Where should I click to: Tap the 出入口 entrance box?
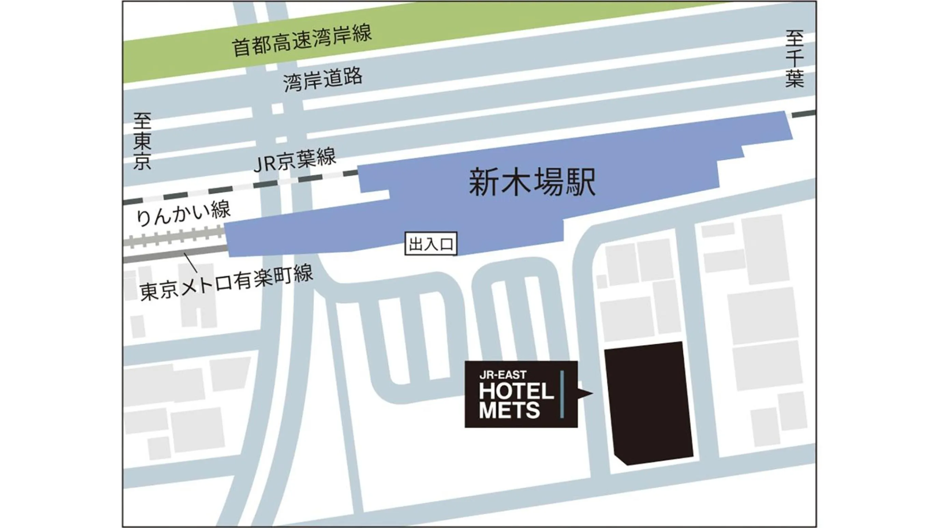(x=431, y=244)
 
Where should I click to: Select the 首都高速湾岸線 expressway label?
(x=302, y=41)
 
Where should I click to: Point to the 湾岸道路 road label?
(x=323, y=79)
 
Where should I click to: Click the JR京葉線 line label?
(x=295, y=160)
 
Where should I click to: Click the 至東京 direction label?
(x=142, y=141)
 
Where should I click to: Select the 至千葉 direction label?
(x=794, y=59)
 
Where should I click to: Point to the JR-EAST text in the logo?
(x=503, y=375)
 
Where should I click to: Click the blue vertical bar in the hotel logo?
(x=562, y=394)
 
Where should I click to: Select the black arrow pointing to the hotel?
(x=585, y=393)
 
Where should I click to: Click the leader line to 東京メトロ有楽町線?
(x=191, y=263)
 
